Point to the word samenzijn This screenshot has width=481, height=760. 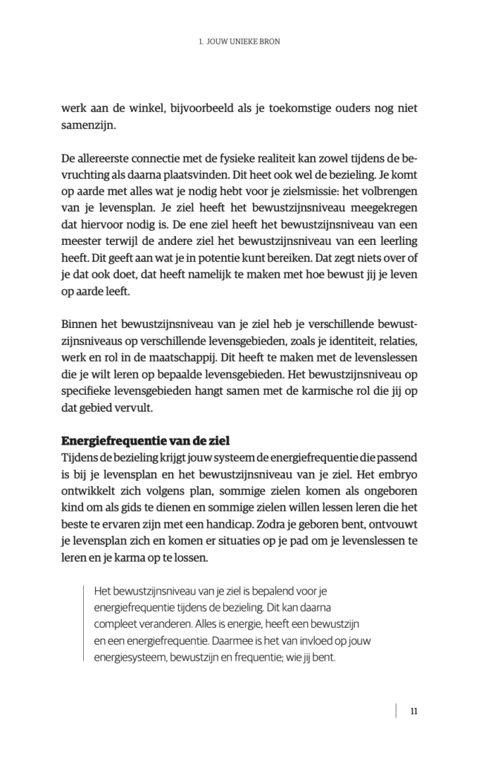[x=87, y=125]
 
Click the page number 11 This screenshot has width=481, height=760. [x=413, y=711]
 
